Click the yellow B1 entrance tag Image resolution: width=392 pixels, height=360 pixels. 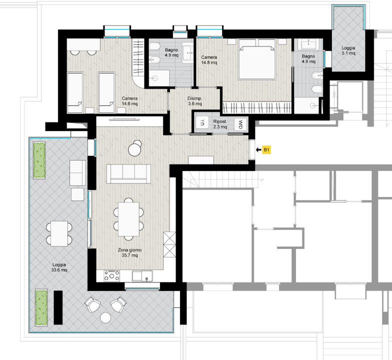(266, 150)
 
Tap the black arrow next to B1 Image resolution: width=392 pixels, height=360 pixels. (258, 150)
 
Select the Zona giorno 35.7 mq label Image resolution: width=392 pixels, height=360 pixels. (130, 252)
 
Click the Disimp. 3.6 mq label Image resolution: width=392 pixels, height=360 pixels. (195, 101)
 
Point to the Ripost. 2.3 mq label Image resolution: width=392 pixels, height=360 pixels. (220, 124)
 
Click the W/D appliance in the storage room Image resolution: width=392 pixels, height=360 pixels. (240, 124)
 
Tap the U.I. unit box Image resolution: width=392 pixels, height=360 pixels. (202, 122)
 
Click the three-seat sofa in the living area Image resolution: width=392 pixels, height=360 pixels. (129, 174)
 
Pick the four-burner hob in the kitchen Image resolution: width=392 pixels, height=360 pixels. (112, 276)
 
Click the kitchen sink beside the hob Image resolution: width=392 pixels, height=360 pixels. (142, 276)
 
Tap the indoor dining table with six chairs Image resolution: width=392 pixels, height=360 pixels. (129, 219)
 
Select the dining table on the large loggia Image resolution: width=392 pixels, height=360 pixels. (59, 233)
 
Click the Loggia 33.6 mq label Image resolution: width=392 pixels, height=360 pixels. (59, 267)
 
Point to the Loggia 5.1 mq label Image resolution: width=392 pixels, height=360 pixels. (348, 50)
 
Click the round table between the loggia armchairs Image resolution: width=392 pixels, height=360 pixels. (105, 318)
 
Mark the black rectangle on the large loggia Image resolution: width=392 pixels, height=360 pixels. (58, 307)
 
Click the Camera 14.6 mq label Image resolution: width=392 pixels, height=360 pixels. (129, 101)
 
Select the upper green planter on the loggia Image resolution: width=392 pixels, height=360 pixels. (39, 160)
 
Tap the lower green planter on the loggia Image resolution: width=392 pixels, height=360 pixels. (41, 307)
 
